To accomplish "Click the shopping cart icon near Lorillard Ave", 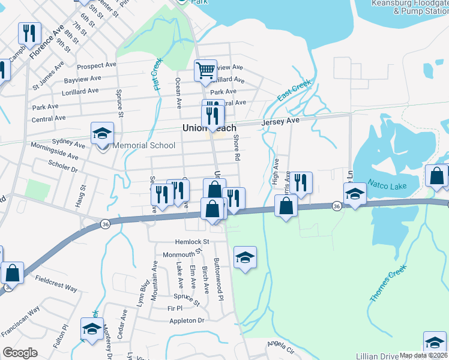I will [x=205, y=71].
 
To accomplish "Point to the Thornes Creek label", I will [x=388, y=283].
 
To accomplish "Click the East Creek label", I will [x=294, y=91].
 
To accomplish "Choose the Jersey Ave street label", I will [x=280, y=121].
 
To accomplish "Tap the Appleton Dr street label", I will [x=187, y=321].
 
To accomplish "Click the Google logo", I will [x=20, y=352].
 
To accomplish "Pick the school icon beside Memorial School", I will [x=102, y=134].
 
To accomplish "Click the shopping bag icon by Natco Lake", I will [x=436, y=176].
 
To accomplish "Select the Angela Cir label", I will [x=280, y=347].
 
